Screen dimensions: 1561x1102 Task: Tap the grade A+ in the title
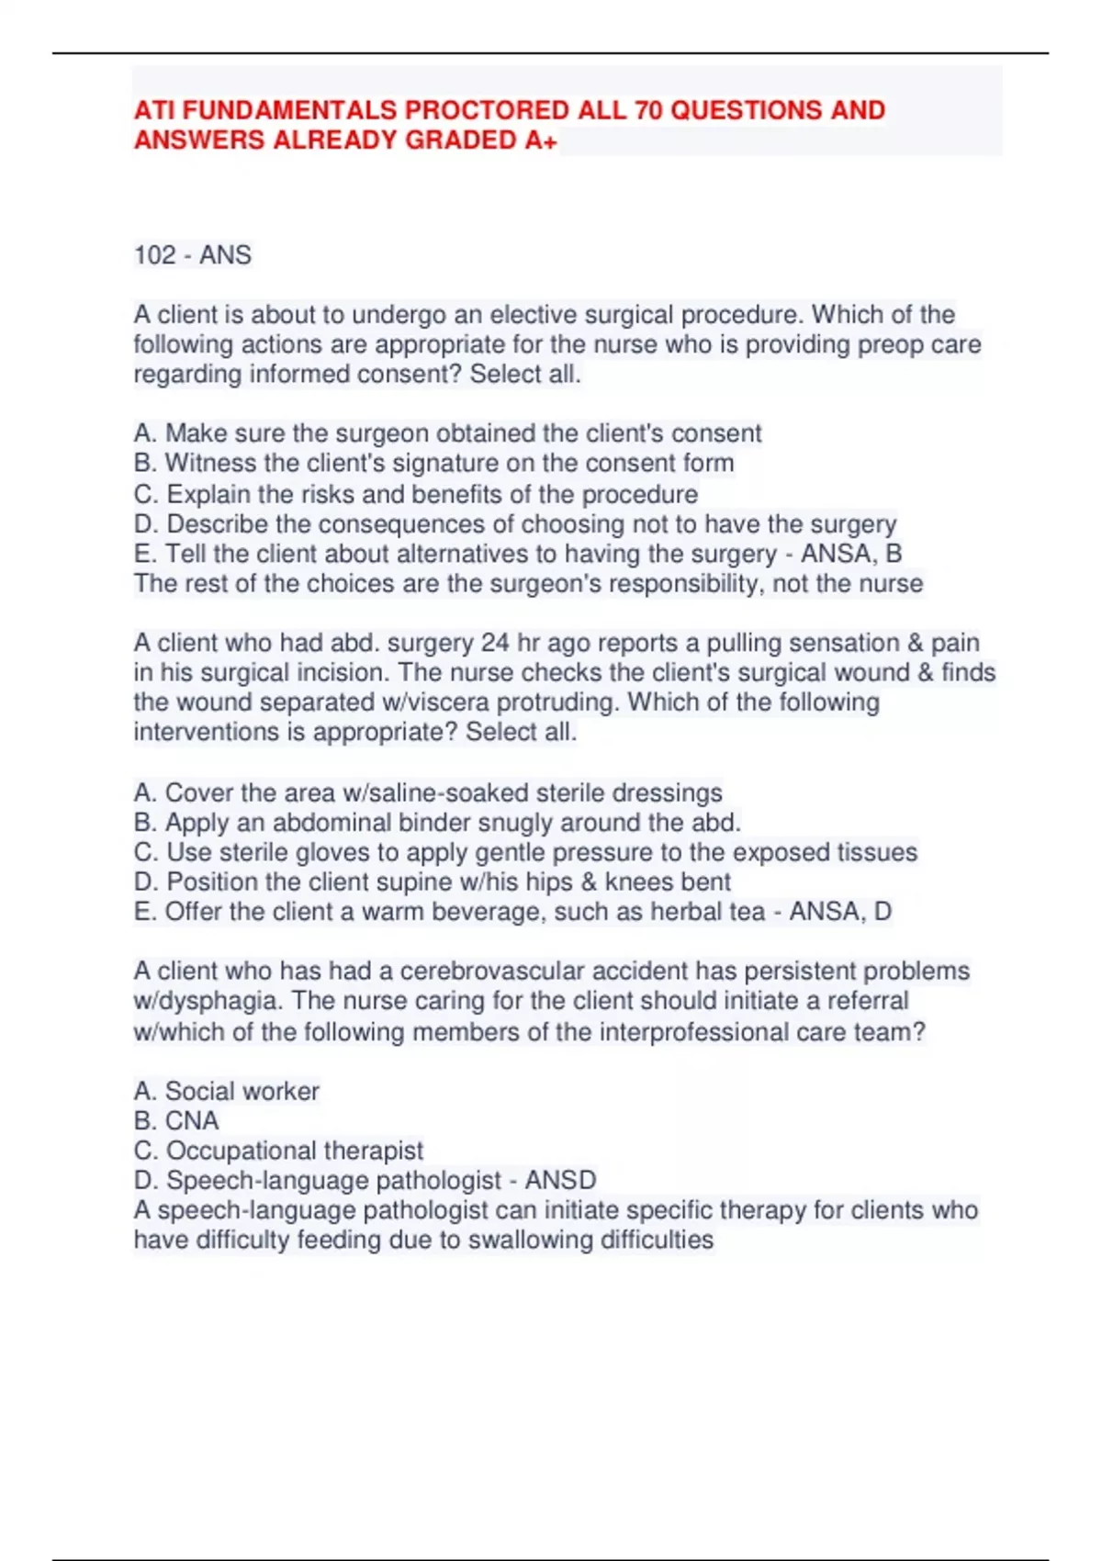(541, 140)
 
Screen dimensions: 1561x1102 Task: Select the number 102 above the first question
(154, 254)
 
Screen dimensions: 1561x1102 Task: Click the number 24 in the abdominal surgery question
(495, 643)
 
